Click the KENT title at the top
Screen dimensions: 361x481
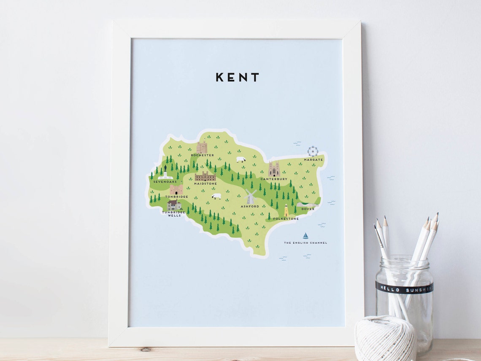click(x=237, y=77)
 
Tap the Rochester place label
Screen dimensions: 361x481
click(x=202, y=155)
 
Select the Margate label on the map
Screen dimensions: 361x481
click(x=313, y=160)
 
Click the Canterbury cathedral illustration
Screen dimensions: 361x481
click(x=274, y=169)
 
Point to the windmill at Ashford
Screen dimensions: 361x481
click(x=250, y=197)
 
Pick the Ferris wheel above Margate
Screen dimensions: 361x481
click(x=313, y=151)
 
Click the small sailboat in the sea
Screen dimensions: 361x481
click(x=305, y=236)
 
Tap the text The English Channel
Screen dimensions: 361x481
click(x=305, y=243)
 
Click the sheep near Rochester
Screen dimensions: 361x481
click(x=241, y=160)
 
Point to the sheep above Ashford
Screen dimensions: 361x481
click(x=216, y=197)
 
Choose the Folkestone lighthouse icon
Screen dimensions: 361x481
click(x=286, y=210)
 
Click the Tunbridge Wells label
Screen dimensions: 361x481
click(x=174, y=214)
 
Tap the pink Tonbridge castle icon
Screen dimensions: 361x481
click(x=176, y=189)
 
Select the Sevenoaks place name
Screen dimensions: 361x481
click(x=165, y=182)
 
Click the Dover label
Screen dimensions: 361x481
click(x=308, y=209)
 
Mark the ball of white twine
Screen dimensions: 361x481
click(x=385, y=339)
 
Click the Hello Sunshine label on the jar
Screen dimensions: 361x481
click(x=404, y=288)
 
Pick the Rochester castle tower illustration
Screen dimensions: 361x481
click(x=202, y=147)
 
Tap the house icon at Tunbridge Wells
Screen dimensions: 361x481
click(x=174, y=205)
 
